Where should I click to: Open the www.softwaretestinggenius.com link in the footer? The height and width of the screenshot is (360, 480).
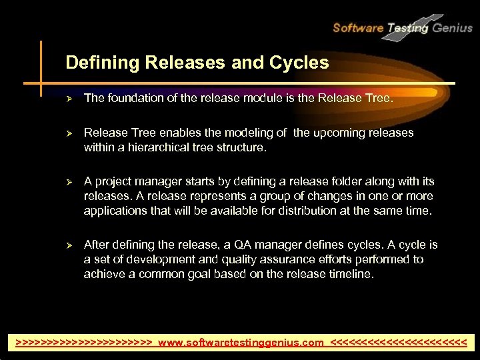[x=241, y=343]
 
